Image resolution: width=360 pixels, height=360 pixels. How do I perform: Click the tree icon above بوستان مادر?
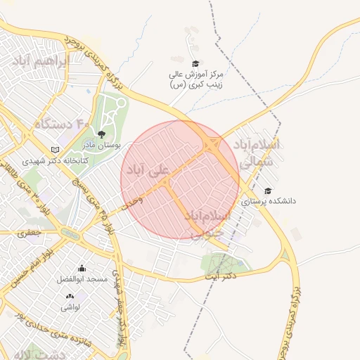pyautogui.click(x=101, y=134)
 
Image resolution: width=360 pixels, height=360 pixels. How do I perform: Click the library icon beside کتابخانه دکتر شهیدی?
pyautogui.click(x=56, y=150)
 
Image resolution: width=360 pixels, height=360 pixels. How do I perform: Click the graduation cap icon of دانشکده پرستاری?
pyautogui.click(x=267, y=191)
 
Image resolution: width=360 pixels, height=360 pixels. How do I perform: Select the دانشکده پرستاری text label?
pyautogui.click(x=269, y=201)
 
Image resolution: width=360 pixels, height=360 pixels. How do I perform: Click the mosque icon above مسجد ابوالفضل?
pyautogui.click(x=82, y=268)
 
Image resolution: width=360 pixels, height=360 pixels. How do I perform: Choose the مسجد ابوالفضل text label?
pyautogui.click(x=83, y=279)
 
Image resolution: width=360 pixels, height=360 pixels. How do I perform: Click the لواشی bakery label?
pyautogui.click(x=70, y=307)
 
